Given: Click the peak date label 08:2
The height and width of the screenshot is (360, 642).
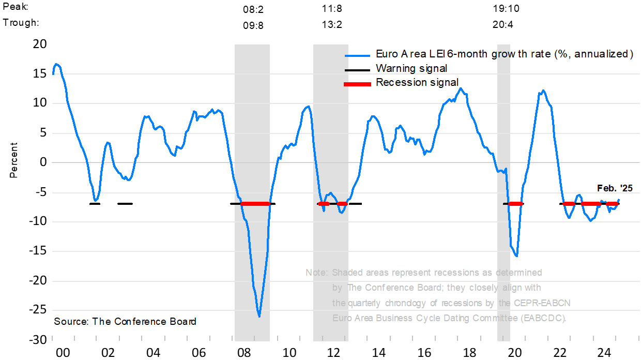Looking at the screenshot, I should [253, 9].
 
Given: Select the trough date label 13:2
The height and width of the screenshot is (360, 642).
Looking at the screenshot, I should [331, 25].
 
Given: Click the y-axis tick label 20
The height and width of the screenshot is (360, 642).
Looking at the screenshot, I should [40, 44].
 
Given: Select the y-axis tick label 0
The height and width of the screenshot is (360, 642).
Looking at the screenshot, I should [43, 162].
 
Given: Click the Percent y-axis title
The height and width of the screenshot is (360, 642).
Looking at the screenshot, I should [13, 160].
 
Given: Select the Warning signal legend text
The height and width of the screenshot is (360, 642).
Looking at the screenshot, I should [411, 68].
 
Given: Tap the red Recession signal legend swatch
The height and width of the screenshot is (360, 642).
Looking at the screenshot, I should [357, 84].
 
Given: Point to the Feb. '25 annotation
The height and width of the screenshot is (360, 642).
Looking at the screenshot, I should [615, 188].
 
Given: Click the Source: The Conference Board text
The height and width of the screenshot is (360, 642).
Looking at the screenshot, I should [125, 321].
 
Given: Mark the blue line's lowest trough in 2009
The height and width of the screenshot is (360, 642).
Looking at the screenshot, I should [259, 316].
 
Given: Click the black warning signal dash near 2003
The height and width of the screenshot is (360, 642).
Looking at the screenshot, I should [125, 204].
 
